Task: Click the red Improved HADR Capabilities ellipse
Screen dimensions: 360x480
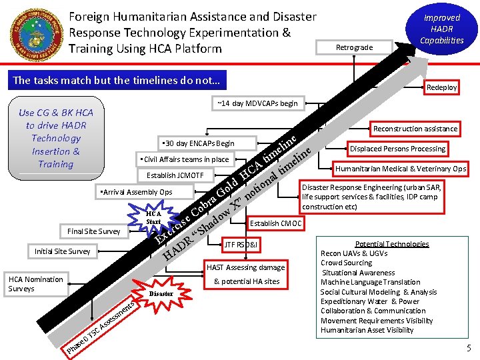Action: tap(441, 29)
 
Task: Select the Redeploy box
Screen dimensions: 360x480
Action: tap(442, 87)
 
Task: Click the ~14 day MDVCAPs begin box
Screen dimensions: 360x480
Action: tap(257, 103)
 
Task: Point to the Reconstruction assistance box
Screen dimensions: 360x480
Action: tap(415, 129)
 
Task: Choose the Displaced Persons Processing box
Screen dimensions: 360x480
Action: tap(397, 149)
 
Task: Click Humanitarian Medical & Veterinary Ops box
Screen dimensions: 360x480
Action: tap(400, 169)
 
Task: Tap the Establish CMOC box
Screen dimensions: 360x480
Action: tap(275, 223)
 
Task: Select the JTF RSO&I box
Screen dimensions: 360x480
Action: tap(242, 244)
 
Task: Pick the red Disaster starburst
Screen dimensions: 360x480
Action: tap(161, 293)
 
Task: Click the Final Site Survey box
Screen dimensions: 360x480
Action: tap(93, 231)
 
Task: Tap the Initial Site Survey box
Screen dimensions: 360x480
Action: tap(62, 251)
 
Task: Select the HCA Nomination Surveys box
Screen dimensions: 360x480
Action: tap(35, 284)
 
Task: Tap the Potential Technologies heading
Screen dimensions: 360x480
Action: tap(392, 244)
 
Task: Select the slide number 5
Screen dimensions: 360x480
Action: tap(469, 348)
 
